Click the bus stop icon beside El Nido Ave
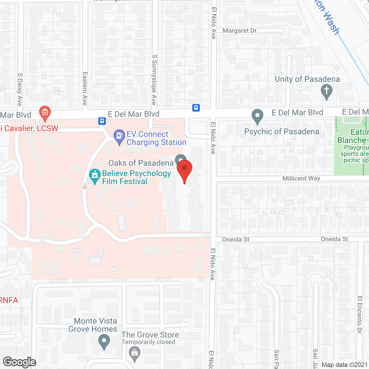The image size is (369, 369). pyautogui.click(x=196, y=108)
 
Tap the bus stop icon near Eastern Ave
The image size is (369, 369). pyautogui.click(x=102, y=121)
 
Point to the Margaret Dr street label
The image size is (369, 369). pyautogui.click(x=240, y=31)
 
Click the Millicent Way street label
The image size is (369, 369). pyautogui.click(x=301, y=178)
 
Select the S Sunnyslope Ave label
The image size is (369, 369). pyautogui.click(x=155, y=80)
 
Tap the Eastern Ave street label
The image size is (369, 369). pyautogui.click(x=85, y=89)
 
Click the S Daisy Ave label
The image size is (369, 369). pyautogui.click(x=20, y=89)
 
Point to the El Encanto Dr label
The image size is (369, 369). pyautogui.click(x=359, y=315)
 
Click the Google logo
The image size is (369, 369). pyautogui.click(x=20, y=362)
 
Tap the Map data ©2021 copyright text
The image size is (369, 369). pyautogui.click(x=344, y=365)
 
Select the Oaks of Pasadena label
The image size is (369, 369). pyautogui.click(x=141, y=163)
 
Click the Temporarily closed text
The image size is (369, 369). pyautogui.click(x=148, y=342)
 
